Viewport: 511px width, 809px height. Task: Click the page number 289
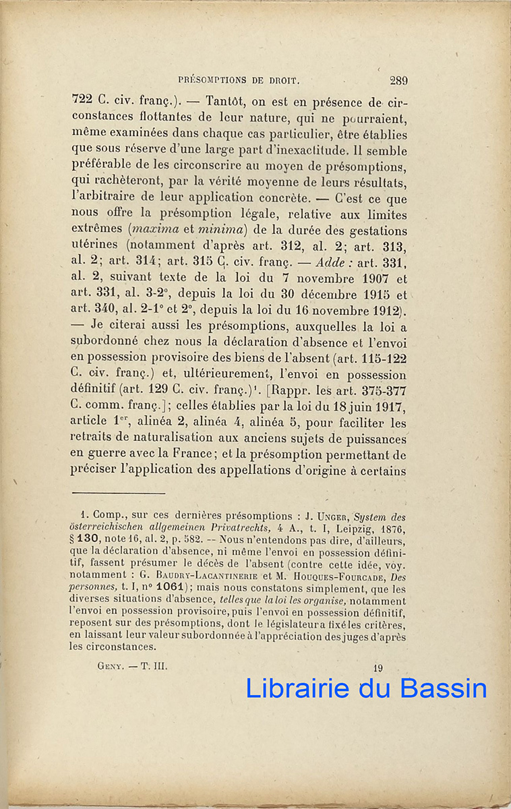(398, 81)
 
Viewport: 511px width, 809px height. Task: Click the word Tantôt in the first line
(229, 101)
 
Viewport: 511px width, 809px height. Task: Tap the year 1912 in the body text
(383, 309)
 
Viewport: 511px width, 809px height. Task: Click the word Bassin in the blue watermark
(443, 688)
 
